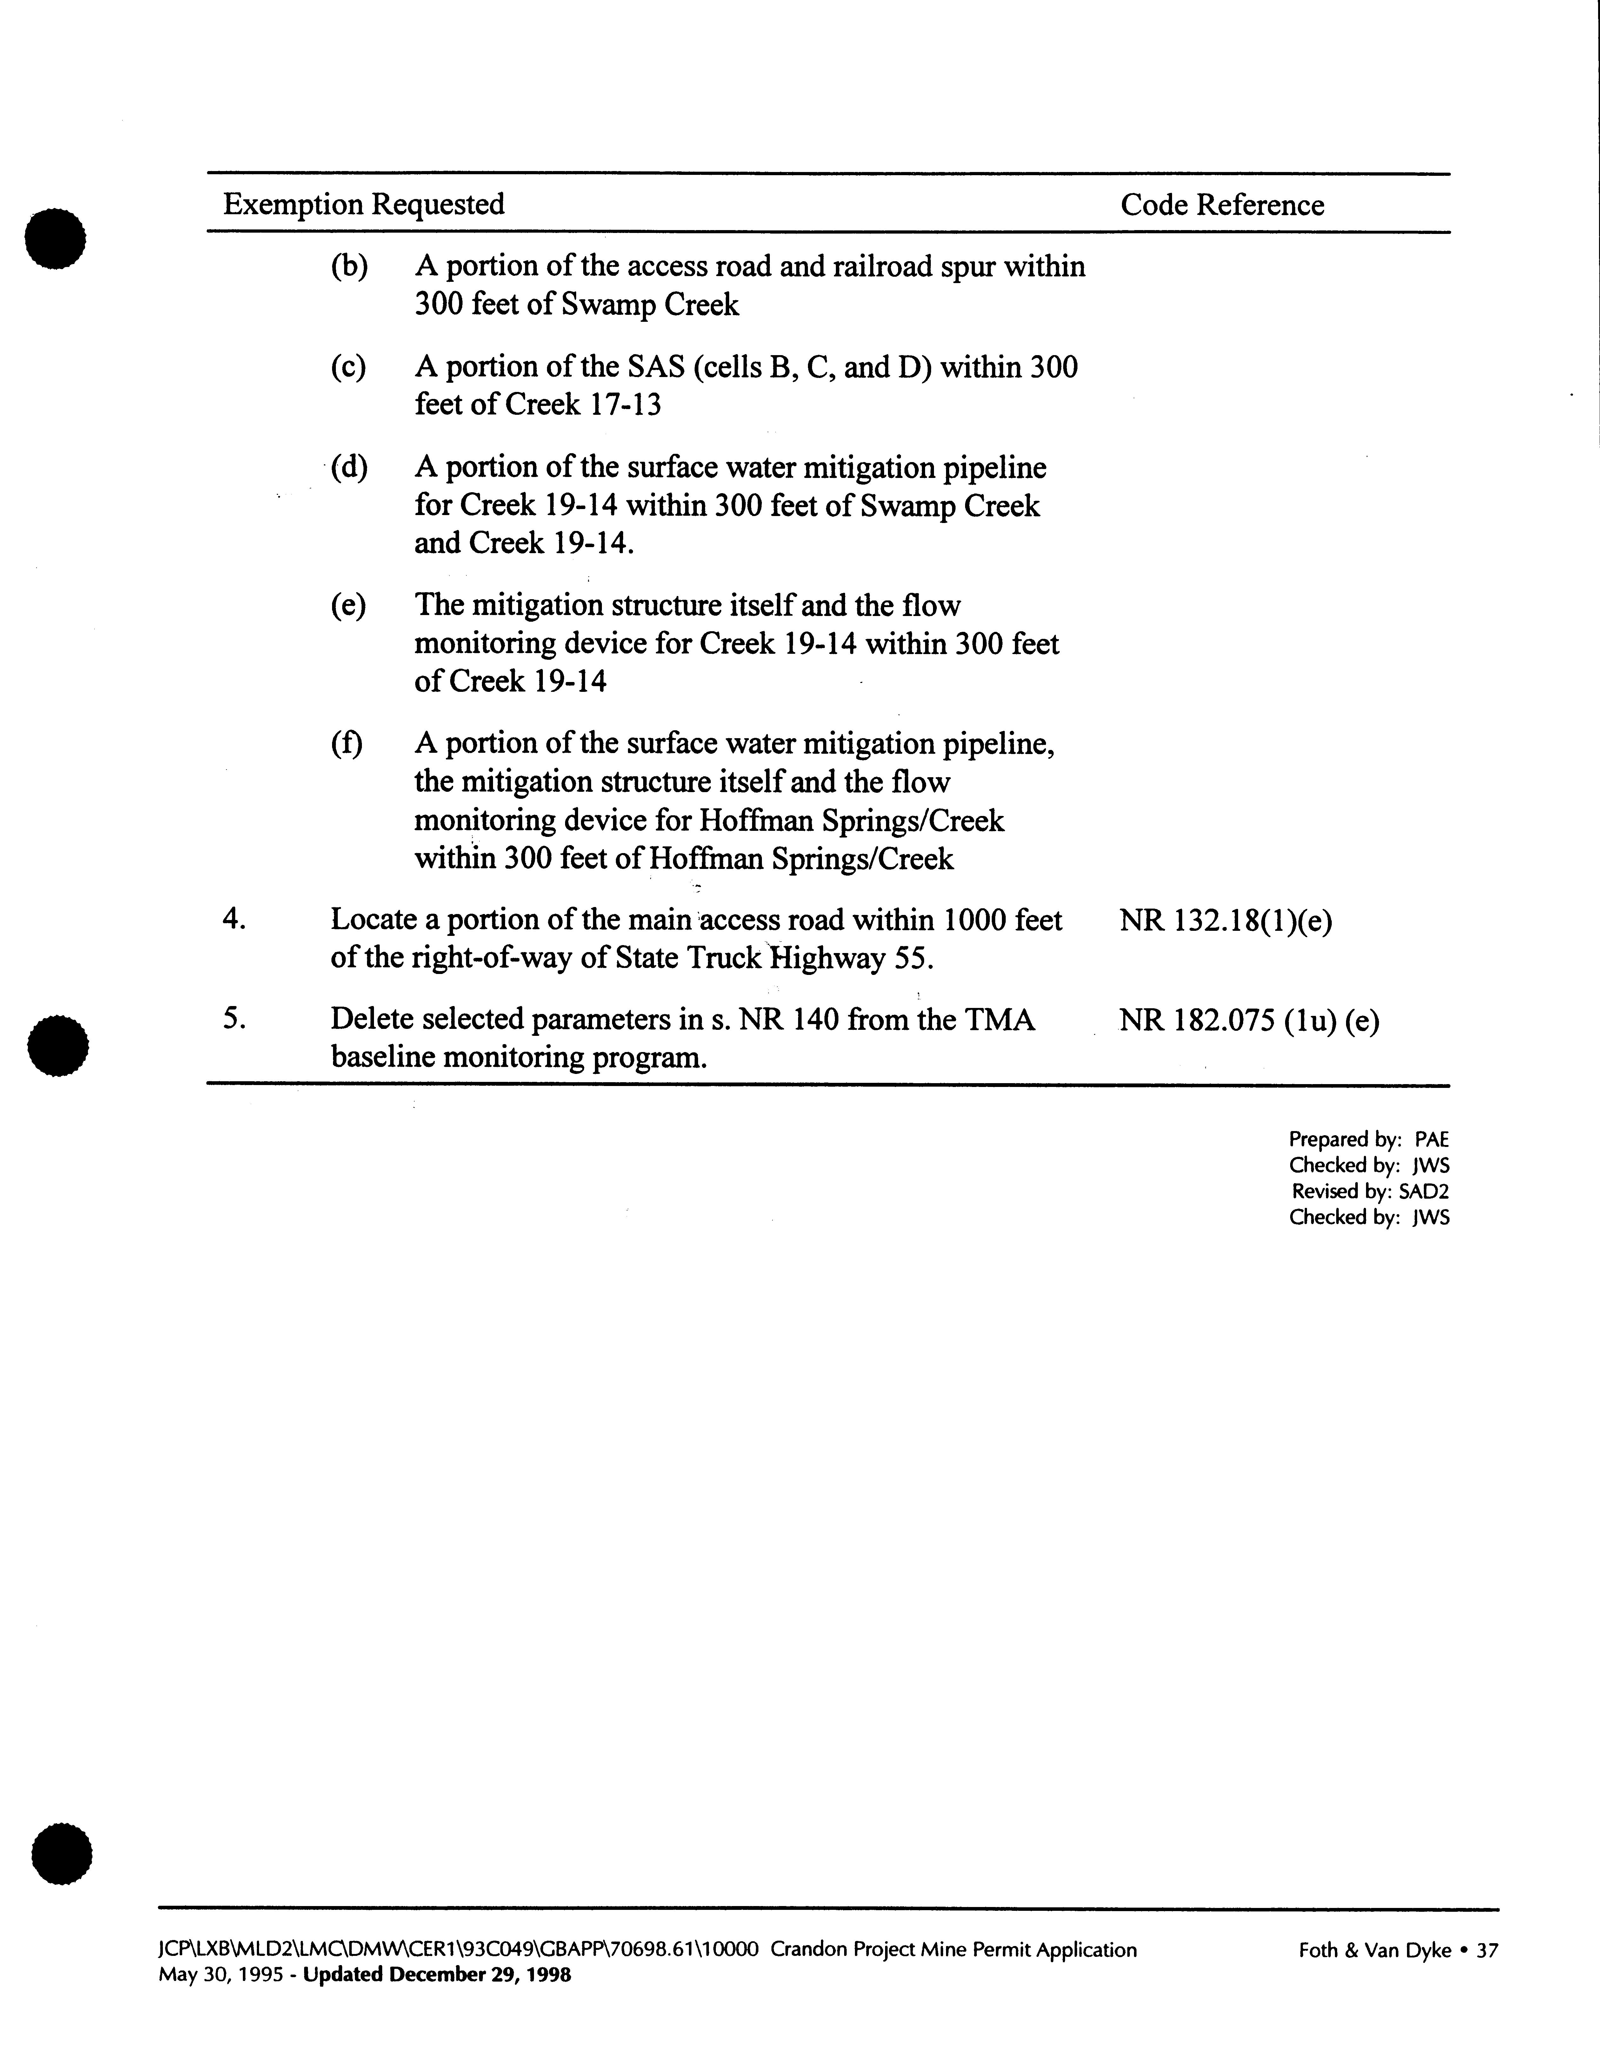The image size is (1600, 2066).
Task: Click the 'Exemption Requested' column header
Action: (363, 204)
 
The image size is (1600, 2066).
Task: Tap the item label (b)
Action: (348, 267)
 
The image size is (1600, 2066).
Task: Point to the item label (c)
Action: (348, 367)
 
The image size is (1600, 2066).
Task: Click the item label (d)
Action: (348, 467)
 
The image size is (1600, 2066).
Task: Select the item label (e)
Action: (348, 606)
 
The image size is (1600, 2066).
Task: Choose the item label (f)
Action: (346, 744)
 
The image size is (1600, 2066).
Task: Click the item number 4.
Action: (234, 919)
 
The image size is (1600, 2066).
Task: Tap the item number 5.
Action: (234, 1020)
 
